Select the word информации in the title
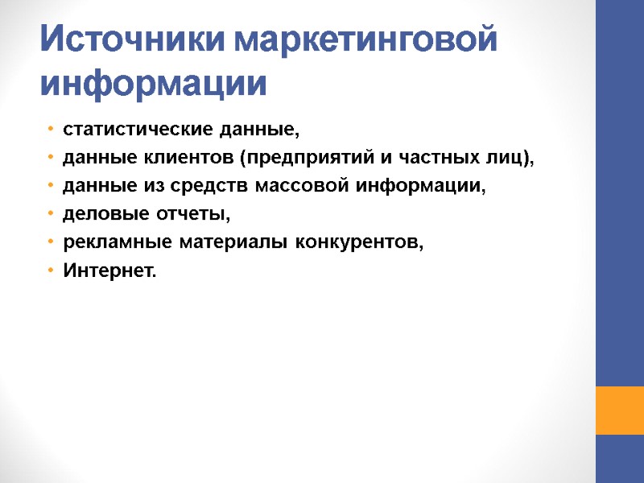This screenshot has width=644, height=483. (x=153, y=83)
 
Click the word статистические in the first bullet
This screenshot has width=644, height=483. (x=117, y=129)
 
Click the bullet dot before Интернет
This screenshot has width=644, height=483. (x=51, y=272)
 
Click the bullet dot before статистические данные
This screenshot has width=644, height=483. (x=51, y=130)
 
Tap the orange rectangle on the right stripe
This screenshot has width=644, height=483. (x=619, y=411)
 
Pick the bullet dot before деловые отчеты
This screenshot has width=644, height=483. (x=51, y=216)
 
